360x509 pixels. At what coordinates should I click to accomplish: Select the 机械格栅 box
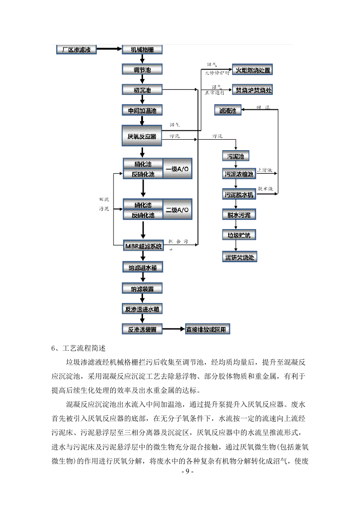tap(142, 49)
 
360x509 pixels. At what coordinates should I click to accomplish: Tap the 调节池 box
tap(142, 70)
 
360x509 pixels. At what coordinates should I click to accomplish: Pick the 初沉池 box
tap(142, 90)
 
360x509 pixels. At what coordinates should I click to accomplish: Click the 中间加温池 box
tap(142, 110)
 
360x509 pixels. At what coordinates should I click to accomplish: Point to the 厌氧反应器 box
tap(142, 136)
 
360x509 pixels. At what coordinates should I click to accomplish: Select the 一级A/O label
tap(178, 169)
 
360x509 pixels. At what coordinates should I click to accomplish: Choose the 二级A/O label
tap(178, 210)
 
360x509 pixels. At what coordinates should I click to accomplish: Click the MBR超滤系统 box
tap(143, 246)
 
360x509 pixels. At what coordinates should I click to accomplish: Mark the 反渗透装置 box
tap(142, 329)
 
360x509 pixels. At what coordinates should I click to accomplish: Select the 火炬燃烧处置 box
tap(252, 70)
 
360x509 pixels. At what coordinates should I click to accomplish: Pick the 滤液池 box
tap(228, 110)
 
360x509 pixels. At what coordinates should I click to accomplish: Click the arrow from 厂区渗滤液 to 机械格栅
tap(109, 49)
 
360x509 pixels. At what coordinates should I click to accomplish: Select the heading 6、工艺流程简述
tap(79, 348)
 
